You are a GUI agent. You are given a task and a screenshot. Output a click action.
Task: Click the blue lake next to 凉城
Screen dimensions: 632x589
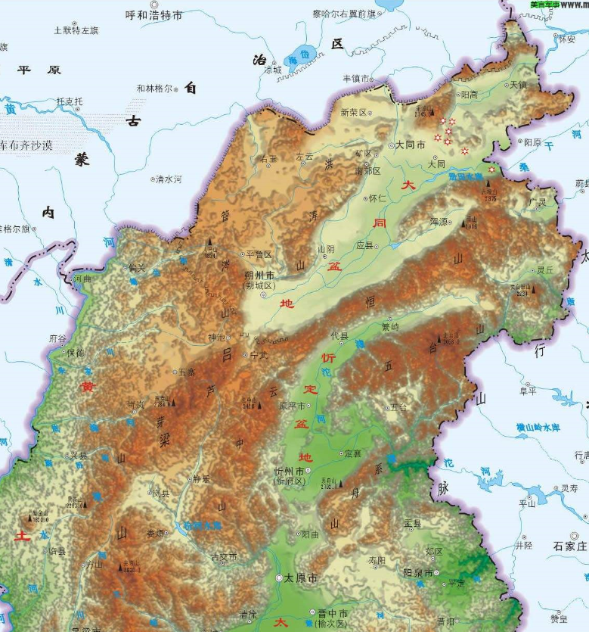point(299,56)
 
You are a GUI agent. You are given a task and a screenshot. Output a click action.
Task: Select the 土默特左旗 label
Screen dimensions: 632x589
point(76,30)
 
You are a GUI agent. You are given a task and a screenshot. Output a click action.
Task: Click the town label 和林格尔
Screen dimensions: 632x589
point(154,89)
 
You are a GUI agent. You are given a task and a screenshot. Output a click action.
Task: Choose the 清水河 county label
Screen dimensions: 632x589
point(168,179)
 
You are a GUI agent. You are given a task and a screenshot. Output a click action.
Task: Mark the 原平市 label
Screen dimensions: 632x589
point(293,405)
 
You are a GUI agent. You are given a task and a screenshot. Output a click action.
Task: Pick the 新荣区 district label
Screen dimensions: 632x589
point(352,112)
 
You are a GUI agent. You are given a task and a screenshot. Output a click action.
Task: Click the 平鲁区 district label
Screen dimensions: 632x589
point(259,254)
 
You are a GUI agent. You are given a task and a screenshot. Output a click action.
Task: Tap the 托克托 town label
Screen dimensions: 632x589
point(70,101)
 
